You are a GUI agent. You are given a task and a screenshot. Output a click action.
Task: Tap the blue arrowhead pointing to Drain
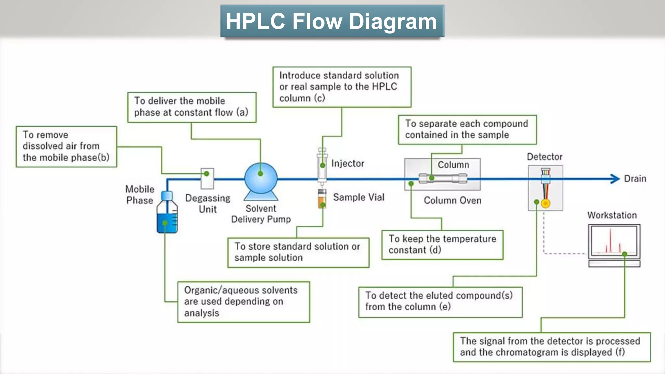click(x=615, y=179)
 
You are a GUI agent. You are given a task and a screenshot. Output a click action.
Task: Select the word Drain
click(x=635, y=179)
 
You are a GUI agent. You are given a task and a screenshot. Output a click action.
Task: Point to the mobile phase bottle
click(x=167, y=214)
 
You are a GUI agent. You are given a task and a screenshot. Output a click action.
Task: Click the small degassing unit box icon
click(x=207, y=179)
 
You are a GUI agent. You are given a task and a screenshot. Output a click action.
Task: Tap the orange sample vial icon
click(x=322, y=199)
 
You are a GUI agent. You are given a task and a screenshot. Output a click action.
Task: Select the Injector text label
click(x=347, y=163)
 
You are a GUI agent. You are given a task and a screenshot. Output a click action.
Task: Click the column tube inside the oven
click(x=443, y=178)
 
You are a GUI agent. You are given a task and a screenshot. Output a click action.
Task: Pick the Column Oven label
click(x=452, y=200)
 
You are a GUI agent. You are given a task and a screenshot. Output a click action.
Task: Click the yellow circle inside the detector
click(x=546, y=204)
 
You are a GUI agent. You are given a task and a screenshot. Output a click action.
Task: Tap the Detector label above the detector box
click(x=544, y=157)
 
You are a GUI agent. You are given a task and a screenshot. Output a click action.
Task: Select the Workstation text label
click(x=612, y=215)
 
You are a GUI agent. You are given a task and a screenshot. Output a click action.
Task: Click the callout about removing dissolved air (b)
click(x=66, y=146)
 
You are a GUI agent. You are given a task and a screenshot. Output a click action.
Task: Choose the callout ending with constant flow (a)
click(x=192, y=107)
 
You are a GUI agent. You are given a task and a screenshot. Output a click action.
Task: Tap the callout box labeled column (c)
click(x=342, y=87)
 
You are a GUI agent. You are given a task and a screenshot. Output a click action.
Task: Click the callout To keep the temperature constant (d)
click(x=442, y=244)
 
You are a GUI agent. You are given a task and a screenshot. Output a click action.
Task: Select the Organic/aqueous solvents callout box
click(x=244, y=302)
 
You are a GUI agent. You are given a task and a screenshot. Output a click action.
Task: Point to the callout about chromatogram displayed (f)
click(x=551, y=347)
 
